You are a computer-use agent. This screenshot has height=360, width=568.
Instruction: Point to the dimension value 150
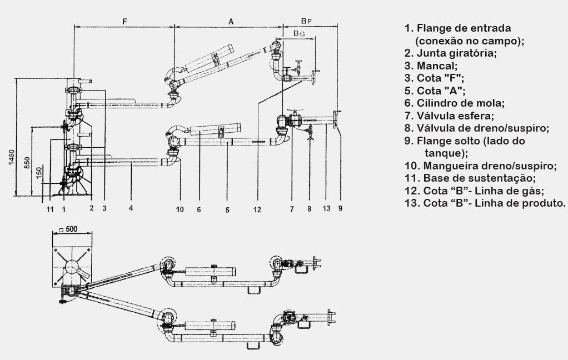coord(38,173)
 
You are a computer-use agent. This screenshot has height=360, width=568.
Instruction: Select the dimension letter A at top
coord(230,21)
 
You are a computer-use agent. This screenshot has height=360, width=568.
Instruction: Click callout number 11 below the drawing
coord(50,209)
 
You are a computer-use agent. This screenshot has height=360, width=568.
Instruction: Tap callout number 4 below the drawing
coord(131,209)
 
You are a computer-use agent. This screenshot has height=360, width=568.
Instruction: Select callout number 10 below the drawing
coord(180,209)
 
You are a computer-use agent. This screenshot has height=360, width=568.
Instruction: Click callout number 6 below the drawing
coord(198,209)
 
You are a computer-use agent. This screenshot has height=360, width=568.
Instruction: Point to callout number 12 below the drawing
coord(256,209)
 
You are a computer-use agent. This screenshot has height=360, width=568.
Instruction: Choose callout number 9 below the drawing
coord(340,209)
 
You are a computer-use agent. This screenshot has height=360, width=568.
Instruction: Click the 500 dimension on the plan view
coord(69,229)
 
